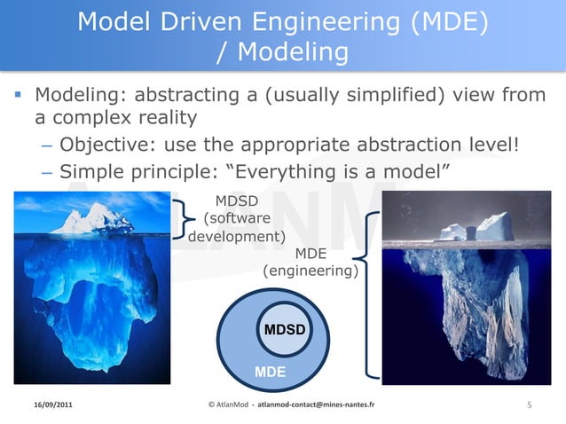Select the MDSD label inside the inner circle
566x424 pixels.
(x=284, y=330)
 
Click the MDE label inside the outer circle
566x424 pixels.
(x=271, y=373)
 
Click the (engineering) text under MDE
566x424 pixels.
(x=311, y=272)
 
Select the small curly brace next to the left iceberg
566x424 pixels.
(x=183, y=219)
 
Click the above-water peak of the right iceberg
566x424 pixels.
(x=483, y=227)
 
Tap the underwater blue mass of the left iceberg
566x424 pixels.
(x=93, y=302)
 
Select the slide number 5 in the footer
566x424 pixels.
(x=530, y=405)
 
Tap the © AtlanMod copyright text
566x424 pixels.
(x=227, y=405)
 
